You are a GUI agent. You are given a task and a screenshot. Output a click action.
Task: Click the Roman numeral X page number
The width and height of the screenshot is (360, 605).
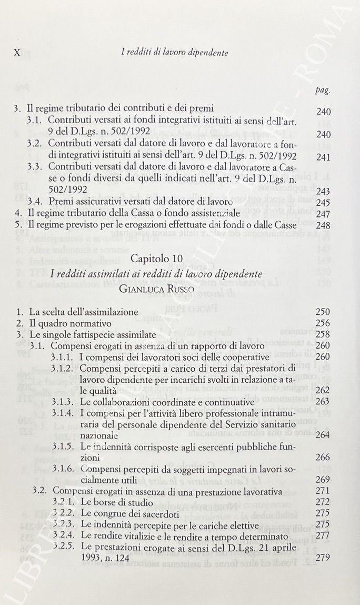pyautogui.click(x=16, y=53)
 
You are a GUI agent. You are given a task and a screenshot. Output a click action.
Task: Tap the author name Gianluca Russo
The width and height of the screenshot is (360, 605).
pyautogui.click(x=156, y=288)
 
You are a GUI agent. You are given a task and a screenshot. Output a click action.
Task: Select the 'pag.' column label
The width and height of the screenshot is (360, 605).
pyautogui.click(x=323, y=90)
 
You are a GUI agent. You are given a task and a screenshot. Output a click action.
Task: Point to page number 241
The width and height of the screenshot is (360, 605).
pyautogui.click(x=324, y=157)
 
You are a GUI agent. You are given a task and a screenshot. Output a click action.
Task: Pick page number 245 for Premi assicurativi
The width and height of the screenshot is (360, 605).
pyautogui.click(x=324, y=202)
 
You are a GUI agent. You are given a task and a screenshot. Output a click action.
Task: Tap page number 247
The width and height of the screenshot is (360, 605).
pyautogui.click(x=324, y=214)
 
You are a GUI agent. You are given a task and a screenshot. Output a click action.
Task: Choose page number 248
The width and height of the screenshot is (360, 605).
pyautogui.click(x=324, y=225)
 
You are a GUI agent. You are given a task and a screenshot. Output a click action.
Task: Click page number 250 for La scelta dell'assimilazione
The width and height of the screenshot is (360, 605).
pyautogui.click(x=323, y=312)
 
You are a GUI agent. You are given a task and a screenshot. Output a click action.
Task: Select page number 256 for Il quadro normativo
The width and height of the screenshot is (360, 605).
pyautogui.click(x=323, y=323)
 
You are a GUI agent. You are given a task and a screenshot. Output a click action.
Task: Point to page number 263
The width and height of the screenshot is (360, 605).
pyautogui.click(x=323, y=402)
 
